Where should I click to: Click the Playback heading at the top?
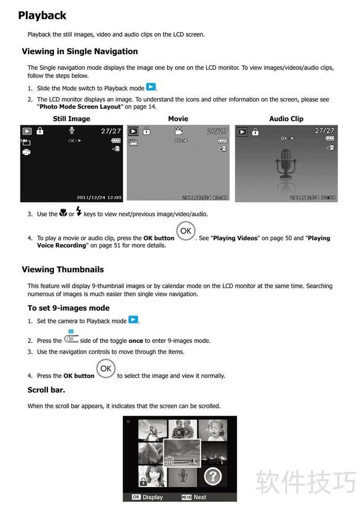(x=42, y=16)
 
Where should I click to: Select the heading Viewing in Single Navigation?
(x=80, y=51)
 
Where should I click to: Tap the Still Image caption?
(x=72, y=119)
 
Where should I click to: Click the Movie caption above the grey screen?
(x=178, y=119)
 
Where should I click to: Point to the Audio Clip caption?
(x=286, y=119)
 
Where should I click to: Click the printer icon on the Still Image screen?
(x=27, y=152)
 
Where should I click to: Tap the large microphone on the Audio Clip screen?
(x=286, y=164)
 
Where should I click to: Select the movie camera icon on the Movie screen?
(x=178, y=131)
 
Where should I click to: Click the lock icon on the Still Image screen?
(x=40, y=131)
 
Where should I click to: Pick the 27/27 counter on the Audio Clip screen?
(x=324, y=130)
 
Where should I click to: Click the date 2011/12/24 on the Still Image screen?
(x=91, y=198)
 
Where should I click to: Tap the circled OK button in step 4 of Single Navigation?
(x=186, y=231)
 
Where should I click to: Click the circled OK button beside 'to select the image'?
(x=106, y=369)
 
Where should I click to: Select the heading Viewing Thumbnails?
(x=63, y=270)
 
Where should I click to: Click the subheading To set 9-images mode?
(x=68, y=308)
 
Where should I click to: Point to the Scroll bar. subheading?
(x=46, y=390)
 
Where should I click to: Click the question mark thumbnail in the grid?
(x=213, y=477)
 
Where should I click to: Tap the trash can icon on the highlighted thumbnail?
(x=170, y=461)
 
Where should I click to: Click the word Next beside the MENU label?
(x=200, y=497)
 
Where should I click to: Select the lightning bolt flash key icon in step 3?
(x=79, y=211)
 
